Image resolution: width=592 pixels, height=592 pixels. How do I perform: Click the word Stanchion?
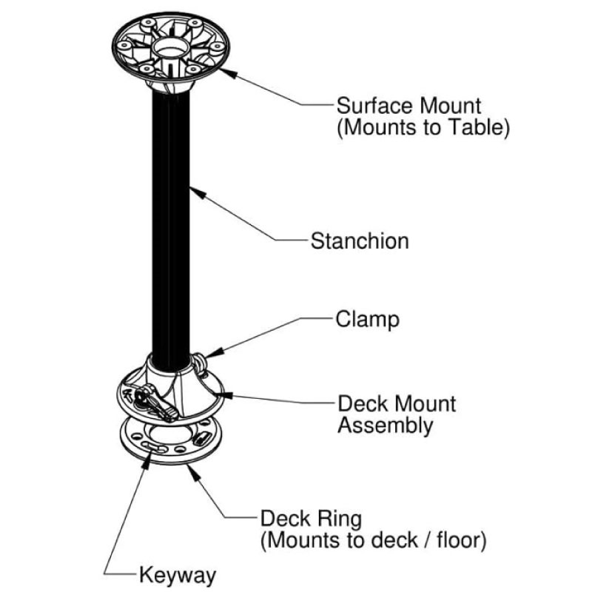[x=360, y=241]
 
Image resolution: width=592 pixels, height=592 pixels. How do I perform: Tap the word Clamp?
[x=367, y=320]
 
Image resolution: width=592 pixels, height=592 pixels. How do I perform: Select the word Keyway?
[x=177, y=575]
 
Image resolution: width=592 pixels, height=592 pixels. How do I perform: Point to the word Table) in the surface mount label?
[x=480, y=127]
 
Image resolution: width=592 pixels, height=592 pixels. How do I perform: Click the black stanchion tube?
[x=171, y=222]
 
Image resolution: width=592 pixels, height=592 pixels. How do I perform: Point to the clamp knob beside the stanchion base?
[x=202, y=363]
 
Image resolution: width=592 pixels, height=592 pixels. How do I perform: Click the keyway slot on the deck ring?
[x=154, y=446]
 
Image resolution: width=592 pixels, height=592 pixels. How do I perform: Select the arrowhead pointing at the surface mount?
[x=224, y=71]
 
